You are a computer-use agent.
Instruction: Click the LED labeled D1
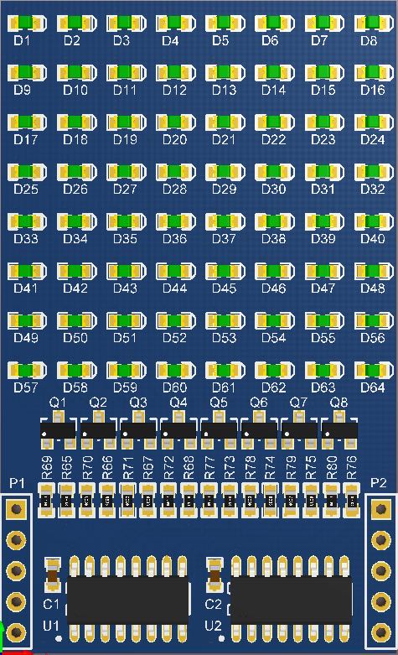(27, 23)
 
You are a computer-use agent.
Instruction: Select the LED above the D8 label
(374, 23)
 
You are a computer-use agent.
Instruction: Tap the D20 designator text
(174, 139)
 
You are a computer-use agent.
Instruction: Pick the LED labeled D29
(225, 172)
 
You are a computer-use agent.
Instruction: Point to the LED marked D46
(275, 271)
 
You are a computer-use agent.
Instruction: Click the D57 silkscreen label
(26, 387)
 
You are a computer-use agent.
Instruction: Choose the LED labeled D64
(374, 370)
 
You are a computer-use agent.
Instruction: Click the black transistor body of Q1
(58, 430)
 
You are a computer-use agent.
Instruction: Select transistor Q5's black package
(219, 430)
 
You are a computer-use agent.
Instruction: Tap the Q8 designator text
(339, 403)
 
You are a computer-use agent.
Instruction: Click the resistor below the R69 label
(47, 501)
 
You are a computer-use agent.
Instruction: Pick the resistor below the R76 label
(352, 501)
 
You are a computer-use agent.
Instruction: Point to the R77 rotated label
(209, 467)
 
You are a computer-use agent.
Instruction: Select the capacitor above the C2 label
(215, 574)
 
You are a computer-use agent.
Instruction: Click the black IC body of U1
(127, 600)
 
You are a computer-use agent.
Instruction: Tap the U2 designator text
(213, 626)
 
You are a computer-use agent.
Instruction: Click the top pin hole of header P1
(16, 509)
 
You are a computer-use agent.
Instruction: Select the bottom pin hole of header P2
(381, 632)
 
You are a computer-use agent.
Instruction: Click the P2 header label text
(379, 483)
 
